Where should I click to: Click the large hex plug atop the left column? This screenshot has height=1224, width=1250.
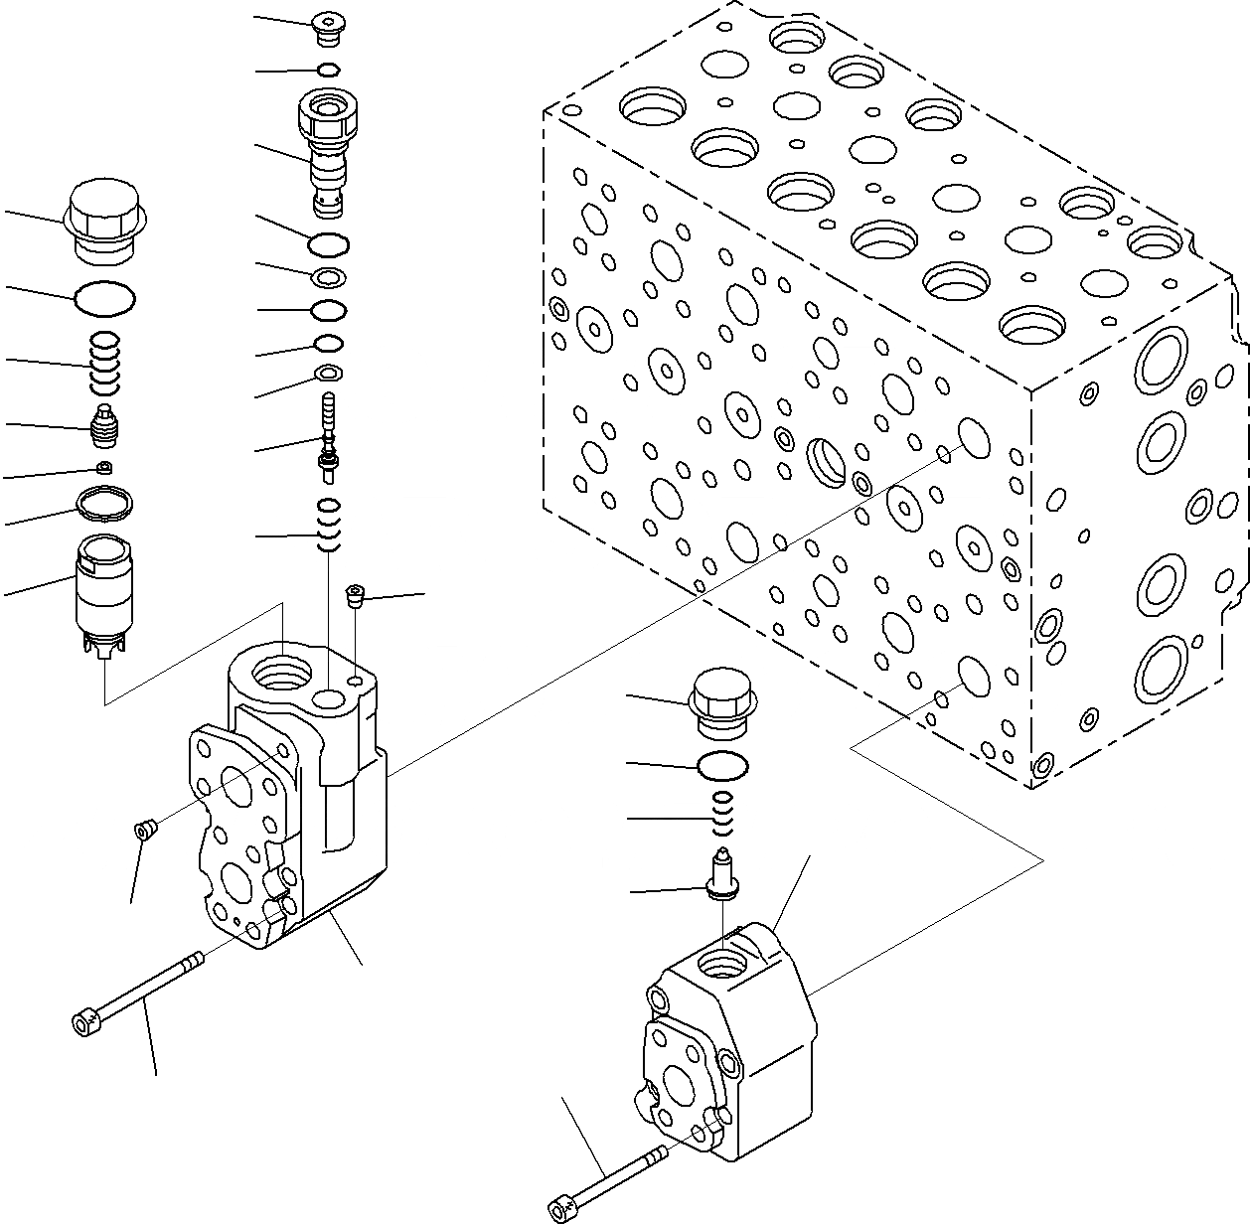tap(105, 221)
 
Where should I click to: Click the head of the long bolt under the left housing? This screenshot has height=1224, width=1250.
tap(84, 1020)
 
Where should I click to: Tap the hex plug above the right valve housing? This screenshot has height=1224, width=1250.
tap(722, 703)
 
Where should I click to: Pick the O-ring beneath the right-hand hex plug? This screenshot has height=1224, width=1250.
tap(722, 765)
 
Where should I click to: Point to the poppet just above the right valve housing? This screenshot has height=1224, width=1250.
tap(722, 874)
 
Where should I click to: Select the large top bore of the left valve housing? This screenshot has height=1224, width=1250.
tap(282, 677)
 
